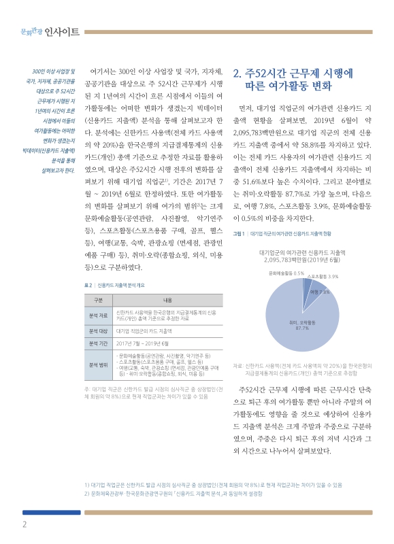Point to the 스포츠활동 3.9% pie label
click(323, 277)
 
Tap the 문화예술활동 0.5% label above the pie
click(286, 273)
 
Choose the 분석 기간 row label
click(98, 343)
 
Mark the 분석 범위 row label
click(98, 365)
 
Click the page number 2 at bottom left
click(24, 524)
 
